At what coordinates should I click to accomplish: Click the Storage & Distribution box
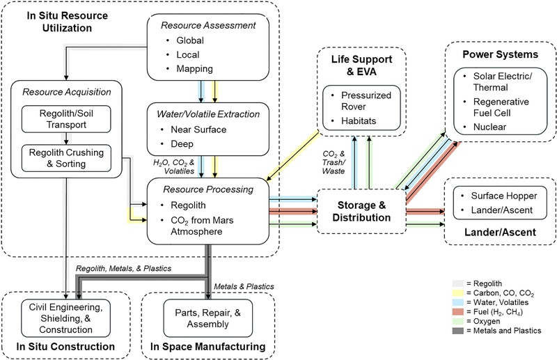(x=361, y=209)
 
